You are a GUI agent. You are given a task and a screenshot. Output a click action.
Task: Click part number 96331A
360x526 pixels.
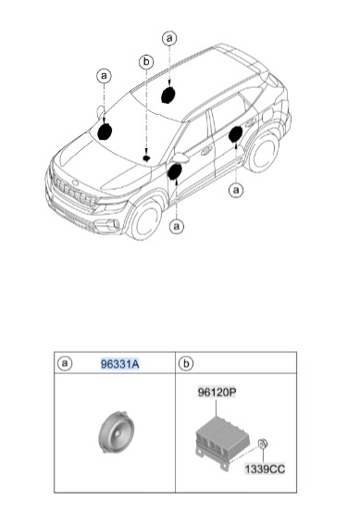point(119,364)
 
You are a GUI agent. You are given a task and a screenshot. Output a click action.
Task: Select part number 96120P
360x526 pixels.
point(217,392)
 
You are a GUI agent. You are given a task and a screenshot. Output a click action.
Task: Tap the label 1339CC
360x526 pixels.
point(265,469)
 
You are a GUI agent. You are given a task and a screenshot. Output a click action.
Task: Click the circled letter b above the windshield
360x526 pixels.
point(146,62)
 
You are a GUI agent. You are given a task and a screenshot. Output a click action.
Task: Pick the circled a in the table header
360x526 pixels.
point(65,363)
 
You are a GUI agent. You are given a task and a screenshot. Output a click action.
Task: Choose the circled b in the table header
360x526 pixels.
point(186,363)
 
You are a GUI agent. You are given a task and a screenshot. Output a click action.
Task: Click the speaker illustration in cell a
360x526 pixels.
point(117,432)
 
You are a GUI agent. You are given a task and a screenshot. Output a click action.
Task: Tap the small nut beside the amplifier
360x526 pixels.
point(263,444)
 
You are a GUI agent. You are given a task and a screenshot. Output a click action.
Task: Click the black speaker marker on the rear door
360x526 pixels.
point(236,134)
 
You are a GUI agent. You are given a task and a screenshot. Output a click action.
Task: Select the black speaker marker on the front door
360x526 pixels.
point(175,171)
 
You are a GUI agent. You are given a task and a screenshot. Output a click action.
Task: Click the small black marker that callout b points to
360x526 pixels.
point(146,158)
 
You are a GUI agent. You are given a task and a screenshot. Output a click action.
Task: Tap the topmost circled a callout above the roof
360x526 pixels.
point(169,38)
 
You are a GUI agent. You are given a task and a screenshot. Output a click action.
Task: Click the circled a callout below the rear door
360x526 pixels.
point(236,190)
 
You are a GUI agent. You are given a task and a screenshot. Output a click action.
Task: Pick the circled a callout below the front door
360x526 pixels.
point(177,227)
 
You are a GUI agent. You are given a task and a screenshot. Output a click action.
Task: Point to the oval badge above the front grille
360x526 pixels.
point(75,182)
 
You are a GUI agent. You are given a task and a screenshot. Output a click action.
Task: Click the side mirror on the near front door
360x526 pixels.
point(181,157)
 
